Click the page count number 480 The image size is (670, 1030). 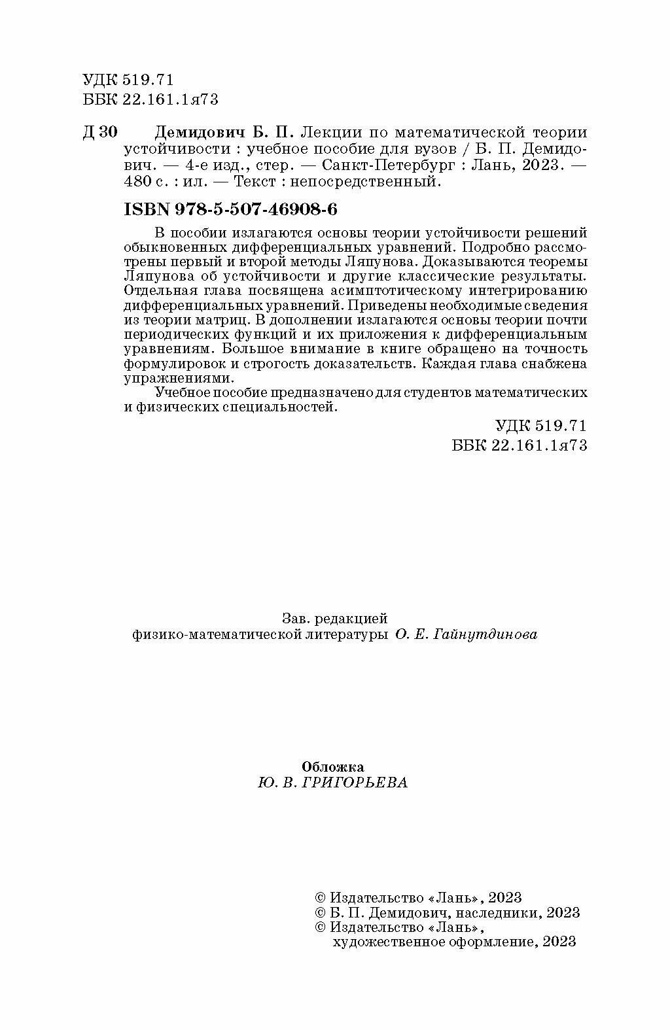pos(137,182)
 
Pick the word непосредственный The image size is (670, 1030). pos(380,182)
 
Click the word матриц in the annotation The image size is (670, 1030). pos(226,320)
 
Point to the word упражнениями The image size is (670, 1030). pos(178,378)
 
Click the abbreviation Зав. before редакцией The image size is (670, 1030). pos(295,619)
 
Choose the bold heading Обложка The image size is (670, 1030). pos(332,766)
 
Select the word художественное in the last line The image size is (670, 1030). pos(385,942)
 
